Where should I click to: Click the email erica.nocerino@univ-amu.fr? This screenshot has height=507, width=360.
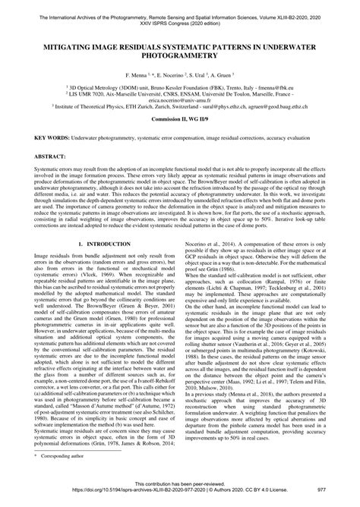tap(180, 119)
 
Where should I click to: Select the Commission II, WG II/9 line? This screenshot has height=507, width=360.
tap(180, 144)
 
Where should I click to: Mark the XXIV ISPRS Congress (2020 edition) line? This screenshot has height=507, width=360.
tap(180, 16)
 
